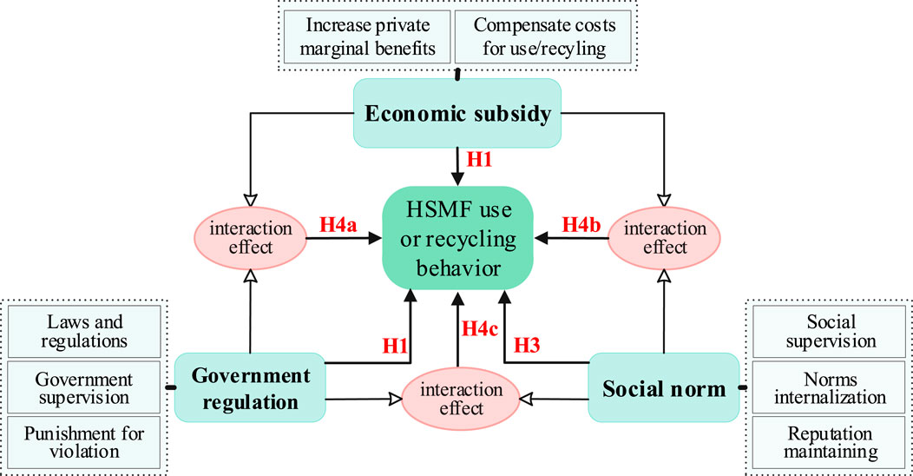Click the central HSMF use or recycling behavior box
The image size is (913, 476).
(456, 236)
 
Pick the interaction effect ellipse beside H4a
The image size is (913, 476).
(250, 237)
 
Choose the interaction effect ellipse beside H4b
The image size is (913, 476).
(665, 237)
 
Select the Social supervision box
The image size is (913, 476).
(831, 331)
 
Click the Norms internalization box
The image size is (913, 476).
(831, 388)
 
